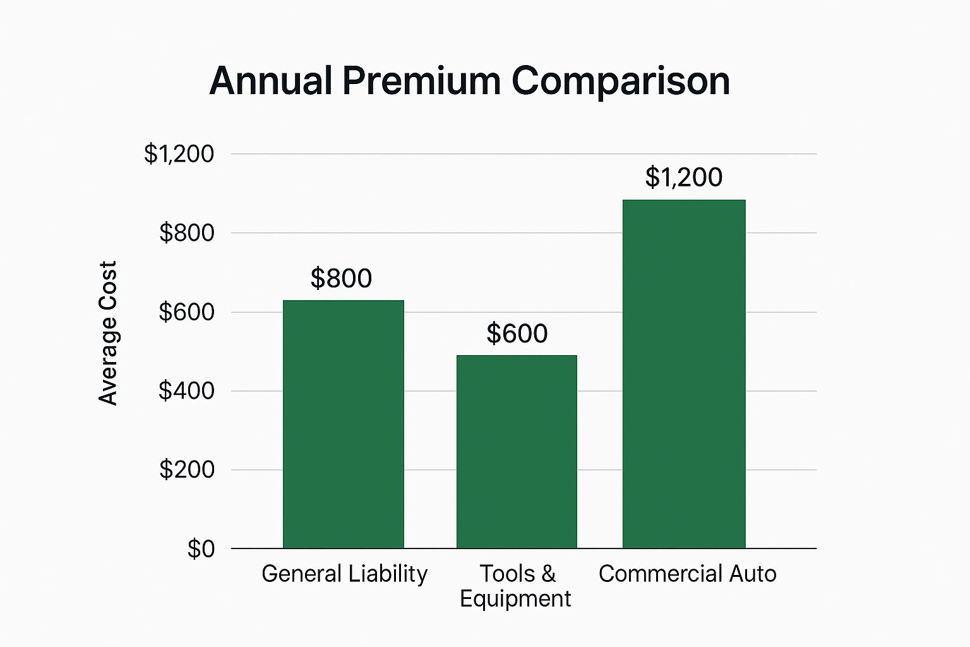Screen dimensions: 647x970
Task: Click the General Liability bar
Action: pyautogui.click(x=343, y=424)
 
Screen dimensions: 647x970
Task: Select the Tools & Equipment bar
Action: pyautogui.click(x=517, y=451)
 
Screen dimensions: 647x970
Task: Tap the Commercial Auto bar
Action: pyautogui.click(x=684, y=374)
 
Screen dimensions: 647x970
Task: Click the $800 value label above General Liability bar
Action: pyautogui.click(x=341, y=279)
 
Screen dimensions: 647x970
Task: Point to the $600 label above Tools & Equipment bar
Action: pyautogui.click(x=517, y=334)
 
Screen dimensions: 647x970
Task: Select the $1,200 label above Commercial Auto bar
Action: pyautogui.click(x=684, y=178)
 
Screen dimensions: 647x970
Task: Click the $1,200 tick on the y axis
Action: pyautogui.click(x=179, y=154)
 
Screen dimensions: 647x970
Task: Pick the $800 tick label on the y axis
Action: pyautogui.click(x=186, y=233)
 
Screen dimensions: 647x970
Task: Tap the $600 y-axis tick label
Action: pyautogui.click(x=186, y=312)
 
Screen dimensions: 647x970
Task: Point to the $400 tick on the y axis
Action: pyautogui.click(x=186, y=391)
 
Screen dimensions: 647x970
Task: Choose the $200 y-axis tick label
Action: pyautogui.click(x=186, y=470)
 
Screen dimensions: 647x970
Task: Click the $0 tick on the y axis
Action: pyautogui.click(x=201, y=549)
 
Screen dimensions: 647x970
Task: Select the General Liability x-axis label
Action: pyautogui.click(x=344, y=574)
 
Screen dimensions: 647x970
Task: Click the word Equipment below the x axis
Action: pyautogui.click(x=515, y=599)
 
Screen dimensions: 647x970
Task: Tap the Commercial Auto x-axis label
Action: pyautogui.click(x=687, y=574)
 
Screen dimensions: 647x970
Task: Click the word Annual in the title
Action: pyautogui.click(x=271, y=81)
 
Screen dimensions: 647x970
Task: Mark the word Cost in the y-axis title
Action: pyautogui.click(x=108, y=279)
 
